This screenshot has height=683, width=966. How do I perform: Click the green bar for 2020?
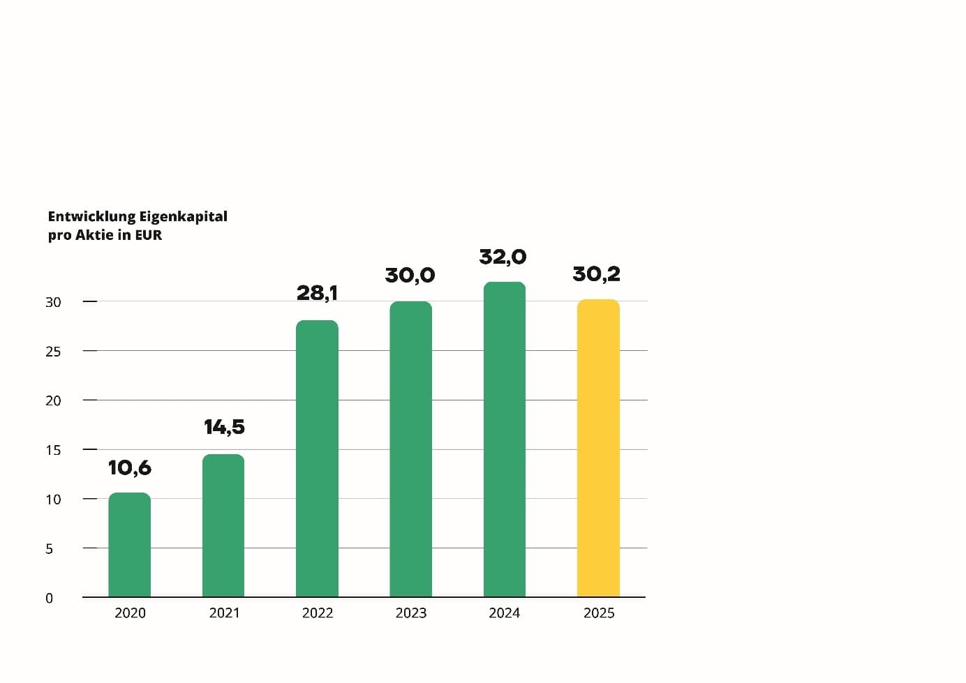[x=129, y=545]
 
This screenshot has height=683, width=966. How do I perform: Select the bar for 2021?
[x=223, y=526]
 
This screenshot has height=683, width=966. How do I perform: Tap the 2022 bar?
[x=317, y=458]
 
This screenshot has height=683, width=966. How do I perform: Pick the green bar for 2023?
[x=411, y=449]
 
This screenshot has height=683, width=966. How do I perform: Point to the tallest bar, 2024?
[x=505, y=440]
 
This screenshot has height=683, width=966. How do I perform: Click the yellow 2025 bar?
[x=599, y=448]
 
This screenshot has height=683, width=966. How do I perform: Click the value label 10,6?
[x=130, y=468]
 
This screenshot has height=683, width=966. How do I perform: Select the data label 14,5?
[x=224, y=428]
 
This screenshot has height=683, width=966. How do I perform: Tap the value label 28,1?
[x=317, y=294]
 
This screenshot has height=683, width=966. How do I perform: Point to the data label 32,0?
[x=503, y=257]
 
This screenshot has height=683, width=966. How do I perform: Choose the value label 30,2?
[x=596, y=274]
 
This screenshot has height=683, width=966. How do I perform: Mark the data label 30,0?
[x=410, y=276]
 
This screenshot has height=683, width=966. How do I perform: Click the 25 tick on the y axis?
[x=53, y=352]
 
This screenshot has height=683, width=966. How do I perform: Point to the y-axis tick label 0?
[x=49, y=598]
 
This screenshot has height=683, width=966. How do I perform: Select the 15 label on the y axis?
[x=53, y=450]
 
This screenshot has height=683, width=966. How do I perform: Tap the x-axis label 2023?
[x=411, y=613]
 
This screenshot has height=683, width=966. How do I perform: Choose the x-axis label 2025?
[x=599, y=613]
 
